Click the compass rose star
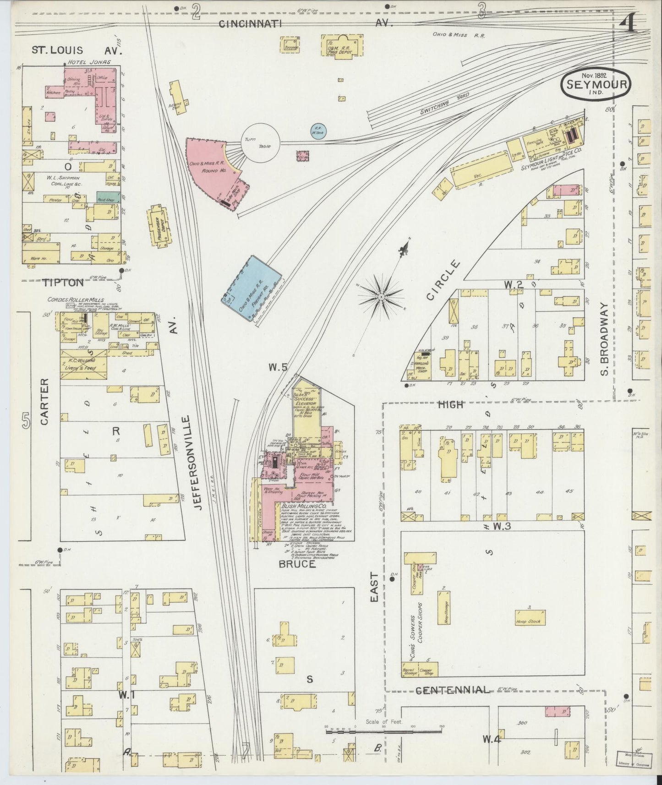click(381, 296)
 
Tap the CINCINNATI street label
click(250, 24)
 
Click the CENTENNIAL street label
click(451, 690)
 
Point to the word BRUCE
click(297, 564)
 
